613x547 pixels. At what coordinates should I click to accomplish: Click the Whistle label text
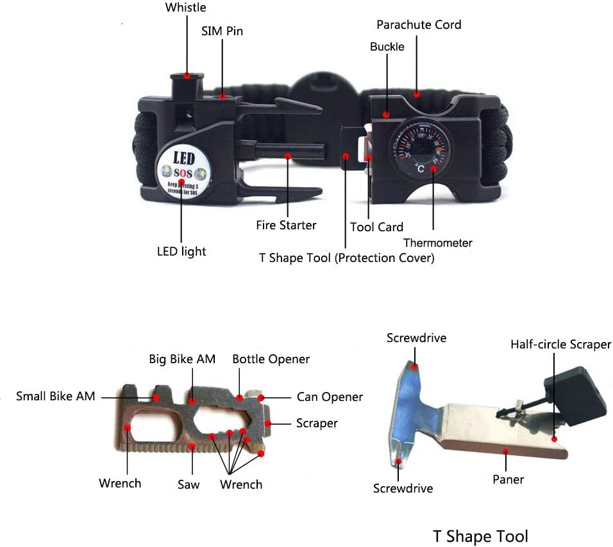click(x=186, y=8)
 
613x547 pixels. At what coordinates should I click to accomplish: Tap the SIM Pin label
click(x=223, y=31)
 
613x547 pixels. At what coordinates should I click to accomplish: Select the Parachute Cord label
click(x=419, y=25)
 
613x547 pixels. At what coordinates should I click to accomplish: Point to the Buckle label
click(x=387, y=47)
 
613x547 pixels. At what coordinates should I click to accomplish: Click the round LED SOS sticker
click(x=182, y=172)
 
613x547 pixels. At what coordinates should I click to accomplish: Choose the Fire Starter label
click(x=286, y=225)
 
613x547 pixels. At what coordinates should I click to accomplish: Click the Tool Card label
click(x=376, y=227)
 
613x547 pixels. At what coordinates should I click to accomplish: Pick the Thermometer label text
click(x=438, y=243)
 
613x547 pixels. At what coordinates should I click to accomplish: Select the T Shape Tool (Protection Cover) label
click(x=346, y=257)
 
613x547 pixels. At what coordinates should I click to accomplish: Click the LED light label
click(x=181, y=251)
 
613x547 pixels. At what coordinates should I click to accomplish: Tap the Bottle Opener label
click(x=271, y=359)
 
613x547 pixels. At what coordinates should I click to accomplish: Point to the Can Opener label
click(x=330, y=397)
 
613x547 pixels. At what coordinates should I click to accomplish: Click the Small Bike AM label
click(x=56, y=396)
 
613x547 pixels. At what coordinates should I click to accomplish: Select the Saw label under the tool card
click(x=189, y=484)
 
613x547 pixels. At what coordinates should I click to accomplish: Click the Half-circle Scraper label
click(x=560, y=345)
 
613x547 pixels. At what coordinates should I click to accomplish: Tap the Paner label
click(x=508, y=479)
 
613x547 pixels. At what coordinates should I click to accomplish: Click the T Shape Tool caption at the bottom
click(x=480, y=535)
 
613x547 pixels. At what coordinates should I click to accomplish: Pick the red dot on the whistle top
click(x=187, y=76)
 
